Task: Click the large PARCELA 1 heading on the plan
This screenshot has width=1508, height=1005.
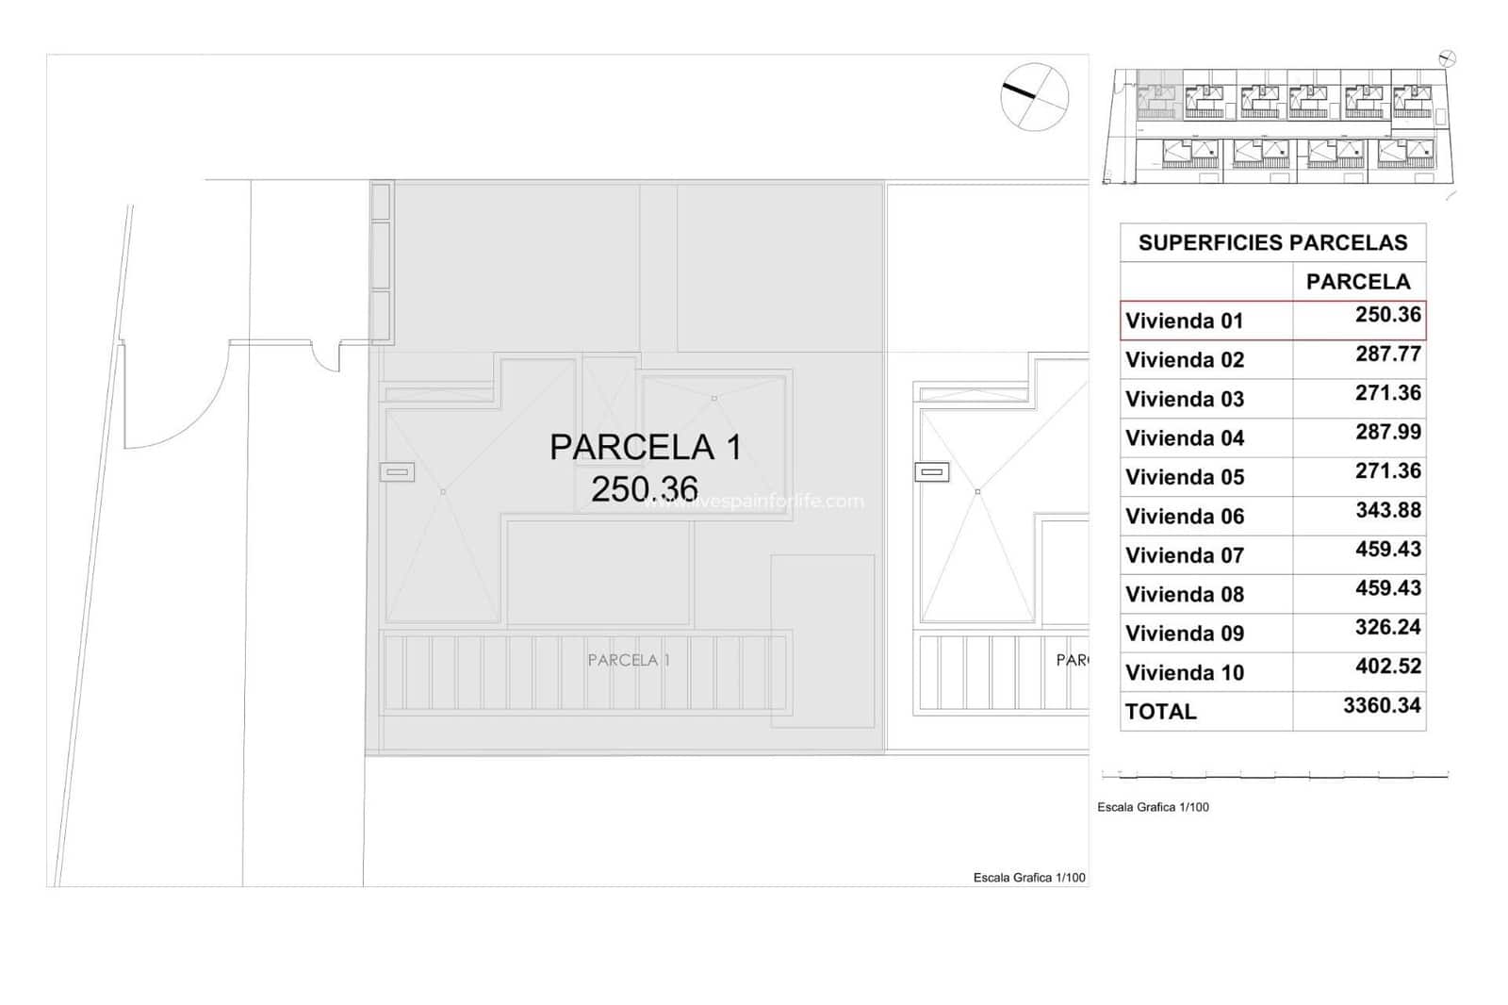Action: (x=646, y=447)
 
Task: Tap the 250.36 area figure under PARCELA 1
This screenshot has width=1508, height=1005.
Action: (x=645, y=488)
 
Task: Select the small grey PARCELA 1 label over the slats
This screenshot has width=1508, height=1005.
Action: (x=629, y=660)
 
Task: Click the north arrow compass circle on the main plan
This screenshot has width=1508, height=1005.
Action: (x=1034, y=96)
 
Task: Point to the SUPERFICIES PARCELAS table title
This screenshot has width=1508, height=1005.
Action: (x=1272, y=242)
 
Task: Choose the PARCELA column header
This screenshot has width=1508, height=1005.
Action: (x=1357, y=281)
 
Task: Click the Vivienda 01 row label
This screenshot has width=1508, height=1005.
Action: (x=1184, y=321)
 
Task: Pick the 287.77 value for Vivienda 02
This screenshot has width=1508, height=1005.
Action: (x=1387, y=354)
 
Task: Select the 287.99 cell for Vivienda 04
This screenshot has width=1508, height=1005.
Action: (x=1387, y=432)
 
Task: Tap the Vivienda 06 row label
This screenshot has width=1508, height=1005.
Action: (x=1184, y=516)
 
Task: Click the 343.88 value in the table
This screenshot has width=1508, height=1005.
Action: (x=1387, y=510)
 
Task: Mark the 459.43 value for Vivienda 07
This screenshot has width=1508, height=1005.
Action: (x=1387, y=549)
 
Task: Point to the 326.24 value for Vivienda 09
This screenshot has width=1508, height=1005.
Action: (x=1387, y=627)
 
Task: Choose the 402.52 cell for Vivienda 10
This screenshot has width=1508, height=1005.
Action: (x=1387, y=666)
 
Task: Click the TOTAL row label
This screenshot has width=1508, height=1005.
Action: (x=1160, y=711)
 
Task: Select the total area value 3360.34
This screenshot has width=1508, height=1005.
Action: (x=1381, y=705)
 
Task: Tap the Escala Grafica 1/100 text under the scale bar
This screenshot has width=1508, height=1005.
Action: (x=1153, y=807)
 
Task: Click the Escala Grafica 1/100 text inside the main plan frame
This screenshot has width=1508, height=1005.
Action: (x=1028, y=878)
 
